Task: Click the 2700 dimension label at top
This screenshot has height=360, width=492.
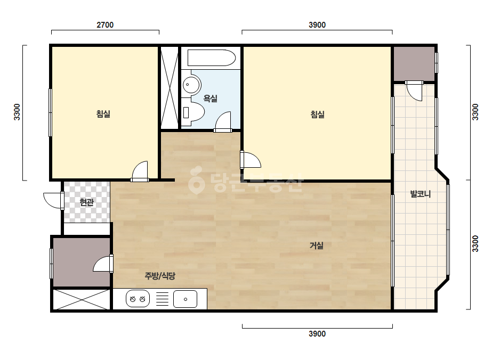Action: (105, 25)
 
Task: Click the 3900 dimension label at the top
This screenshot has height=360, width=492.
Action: (317, 25)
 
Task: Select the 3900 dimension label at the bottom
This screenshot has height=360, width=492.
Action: (317, 334)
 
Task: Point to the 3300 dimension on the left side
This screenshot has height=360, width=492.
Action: (17, 112)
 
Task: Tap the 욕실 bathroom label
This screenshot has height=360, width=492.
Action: (210, 99)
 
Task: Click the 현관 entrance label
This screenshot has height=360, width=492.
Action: (86, 202)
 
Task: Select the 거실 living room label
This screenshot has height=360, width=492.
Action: (317, 245)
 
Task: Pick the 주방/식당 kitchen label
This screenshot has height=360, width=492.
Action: (160, 276)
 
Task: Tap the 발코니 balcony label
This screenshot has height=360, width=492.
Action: (421, 194)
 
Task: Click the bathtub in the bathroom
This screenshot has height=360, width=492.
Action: (212, 58)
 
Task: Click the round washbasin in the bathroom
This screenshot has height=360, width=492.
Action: (191, 84)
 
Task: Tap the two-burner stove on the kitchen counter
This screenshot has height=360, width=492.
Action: (138, 299)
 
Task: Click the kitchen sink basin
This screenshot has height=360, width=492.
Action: (185, 299)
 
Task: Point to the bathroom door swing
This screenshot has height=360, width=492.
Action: (223, 121)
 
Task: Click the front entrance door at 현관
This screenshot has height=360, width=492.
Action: (54, 201)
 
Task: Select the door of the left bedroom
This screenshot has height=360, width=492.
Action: (140, 171)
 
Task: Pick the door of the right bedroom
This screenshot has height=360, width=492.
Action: (251, 160)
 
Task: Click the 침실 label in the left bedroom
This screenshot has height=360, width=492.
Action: (103, 113)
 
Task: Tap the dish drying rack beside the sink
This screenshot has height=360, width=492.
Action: (162, 299)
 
